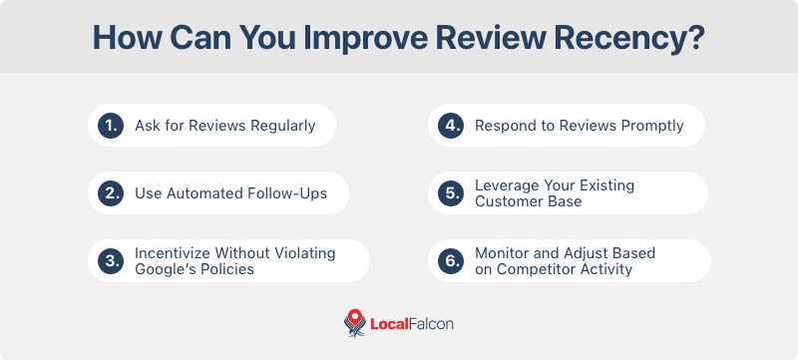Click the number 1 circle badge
pyautogui.click(x=111, y=126)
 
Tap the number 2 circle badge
pyautogui.click(x=111, y=193)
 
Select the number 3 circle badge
pyautogui.click(x=111, y=261)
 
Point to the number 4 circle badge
pyautogui.click(x=451, y=126)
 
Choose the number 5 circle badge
pyautogui.click(x=451, y=193)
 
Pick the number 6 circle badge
pyautogui.click(x=451, y=261)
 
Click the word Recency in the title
pyautogui.click(x=629, y=38)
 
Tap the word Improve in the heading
pyautogui.click(x=366, y=39)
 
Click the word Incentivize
pyautogui.click(x=174, y=253)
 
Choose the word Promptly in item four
pyautogui.click(x=652, y=126)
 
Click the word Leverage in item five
pyautogui.click(x=505, y=185)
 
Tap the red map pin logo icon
pyautogui.click(x=355, y=323)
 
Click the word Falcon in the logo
pyautogui.click(x=431, y=324)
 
